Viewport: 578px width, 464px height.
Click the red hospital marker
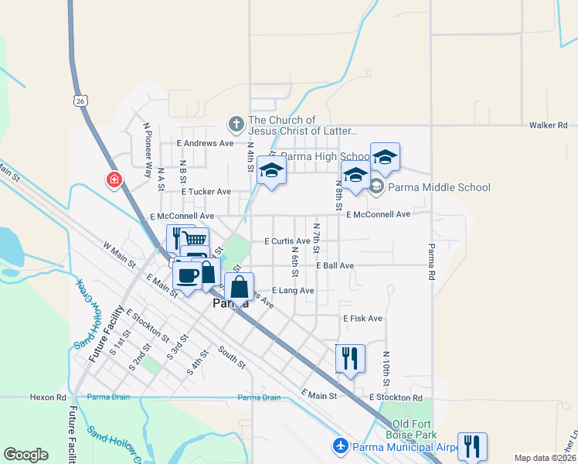114,179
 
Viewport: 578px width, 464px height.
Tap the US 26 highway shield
81,100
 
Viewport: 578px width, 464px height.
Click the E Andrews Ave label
205,143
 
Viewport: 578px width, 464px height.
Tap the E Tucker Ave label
206,191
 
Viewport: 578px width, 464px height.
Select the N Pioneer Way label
147,148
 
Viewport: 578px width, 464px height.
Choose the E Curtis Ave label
287,241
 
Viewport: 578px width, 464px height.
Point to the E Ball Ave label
335,265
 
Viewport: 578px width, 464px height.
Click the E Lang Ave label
292,291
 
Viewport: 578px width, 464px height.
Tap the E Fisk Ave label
362,318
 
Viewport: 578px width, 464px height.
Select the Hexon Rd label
48,397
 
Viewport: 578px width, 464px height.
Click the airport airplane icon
340,446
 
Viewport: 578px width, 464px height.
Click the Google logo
25,455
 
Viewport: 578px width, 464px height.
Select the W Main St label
120,254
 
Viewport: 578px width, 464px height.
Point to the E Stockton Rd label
396,397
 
